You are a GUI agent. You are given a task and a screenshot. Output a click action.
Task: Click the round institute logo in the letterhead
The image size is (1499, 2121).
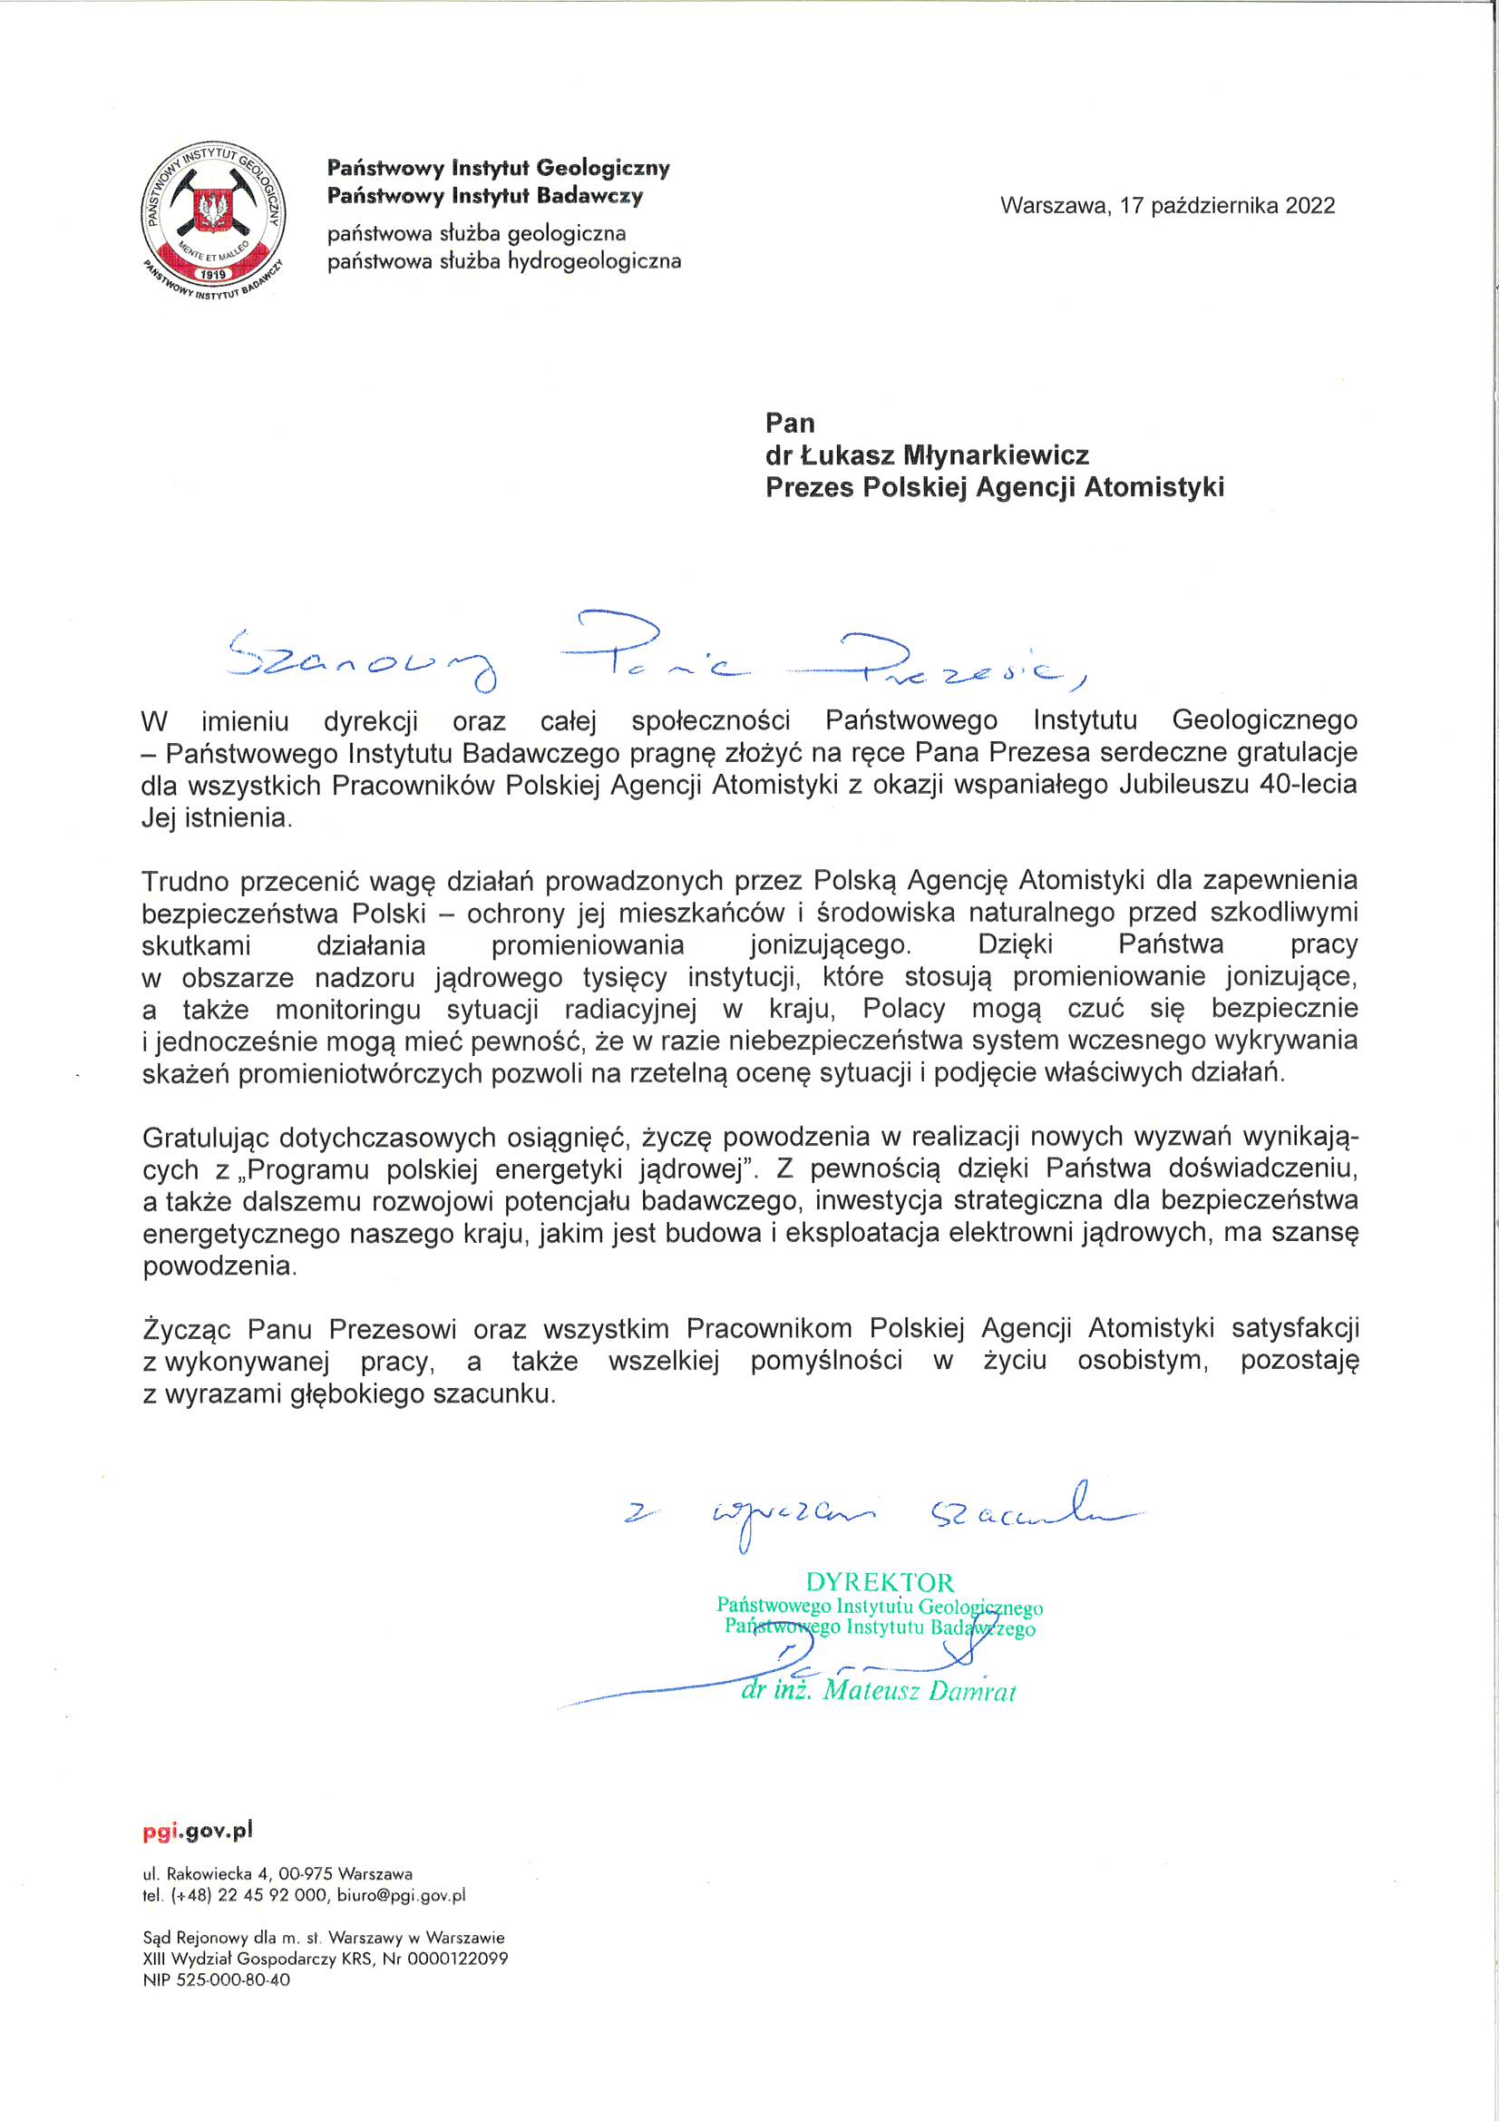(213, 221)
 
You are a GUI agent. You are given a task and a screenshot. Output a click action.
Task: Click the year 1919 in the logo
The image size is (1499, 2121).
(213, 274)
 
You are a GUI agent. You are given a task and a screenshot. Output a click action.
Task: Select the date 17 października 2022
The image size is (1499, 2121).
(1228, 206)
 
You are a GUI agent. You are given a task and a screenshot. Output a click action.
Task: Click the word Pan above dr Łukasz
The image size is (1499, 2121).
(790, 423)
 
